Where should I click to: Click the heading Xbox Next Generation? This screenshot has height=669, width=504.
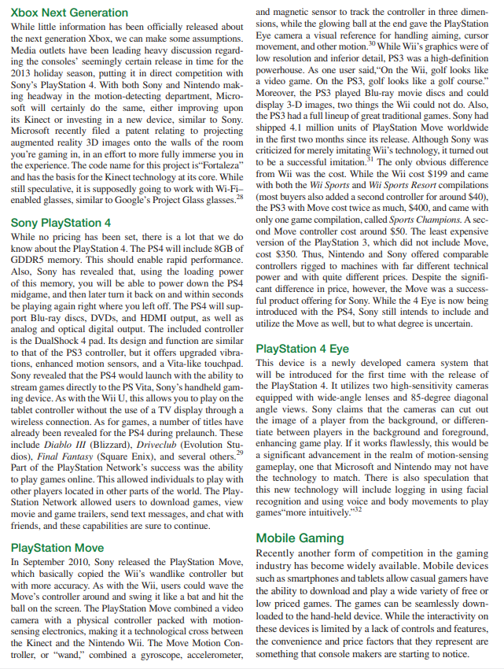pyautogui.click(x=70, y=13)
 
